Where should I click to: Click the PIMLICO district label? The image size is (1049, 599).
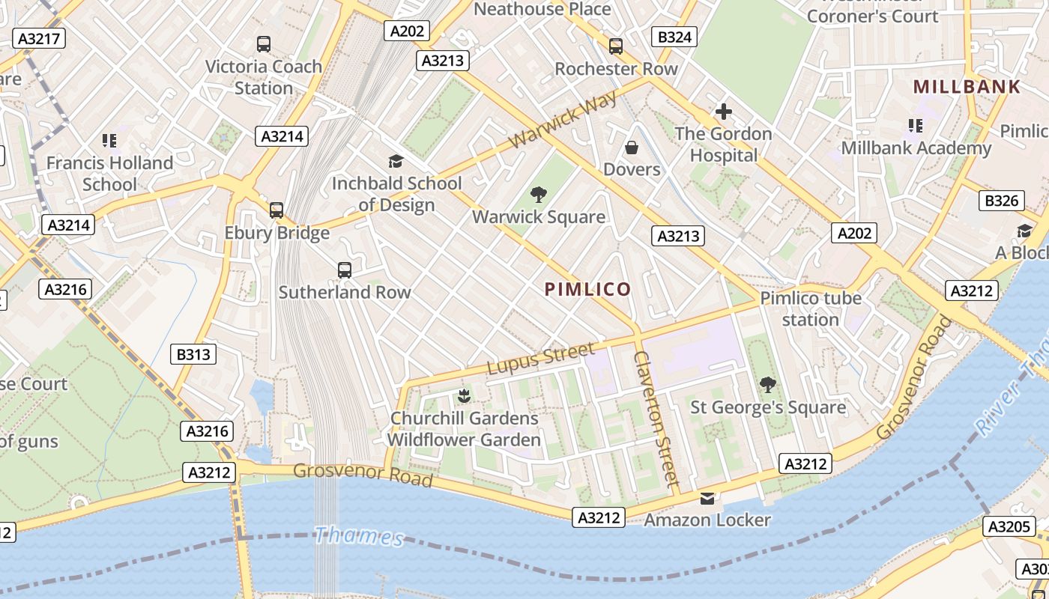click(x=587, y=289)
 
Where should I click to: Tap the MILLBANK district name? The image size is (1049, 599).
click(x=967, y=87)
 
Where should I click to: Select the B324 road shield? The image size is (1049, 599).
click(x=674, y=37)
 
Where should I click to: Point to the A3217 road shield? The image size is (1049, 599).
click(x=39, y=39)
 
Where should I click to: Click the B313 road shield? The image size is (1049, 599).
click(x=193, y=354)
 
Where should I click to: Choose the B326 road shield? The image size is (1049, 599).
click(x=1002, y=201)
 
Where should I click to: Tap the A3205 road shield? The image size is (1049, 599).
click(x=1009, y=526)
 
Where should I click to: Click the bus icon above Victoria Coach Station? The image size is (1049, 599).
click(x=264, y=44)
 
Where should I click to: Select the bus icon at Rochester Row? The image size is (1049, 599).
click(x=616, y=46)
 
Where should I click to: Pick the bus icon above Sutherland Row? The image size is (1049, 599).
click(x=345, y=270)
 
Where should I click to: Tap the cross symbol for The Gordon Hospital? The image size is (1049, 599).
click(x=723, y=112)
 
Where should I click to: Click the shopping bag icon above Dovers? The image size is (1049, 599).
click(x=632, y=148)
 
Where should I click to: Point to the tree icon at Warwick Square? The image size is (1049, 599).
click(x=538, y=195)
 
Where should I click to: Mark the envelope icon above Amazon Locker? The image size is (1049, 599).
click(x=707, y=499)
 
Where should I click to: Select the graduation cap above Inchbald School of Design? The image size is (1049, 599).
click(x=396, y=161)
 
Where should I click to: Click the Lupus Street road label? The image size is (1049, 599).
click(x=541, y=358)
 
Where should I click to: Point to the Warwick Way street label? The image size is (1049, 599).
click(x=563, y=120)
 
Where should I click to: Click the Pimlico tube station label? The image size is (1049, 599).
click(x=811, y=308)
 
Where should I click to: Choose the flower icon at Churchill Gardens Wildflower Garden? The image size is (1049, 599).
click(x=465, y=395)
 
